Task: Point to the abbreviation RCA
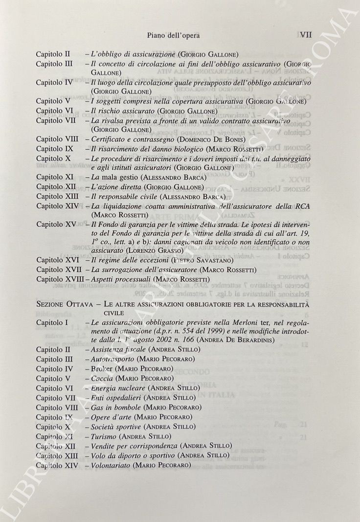pos(303,206)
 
